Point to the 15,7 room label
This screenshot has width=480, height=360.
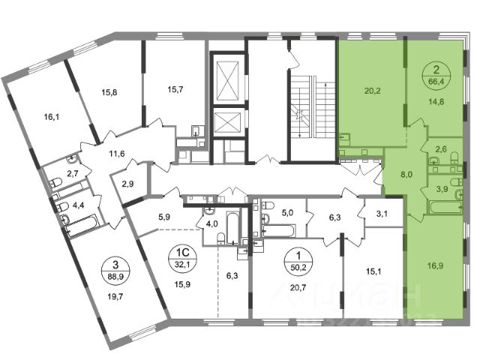(175, 89)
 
